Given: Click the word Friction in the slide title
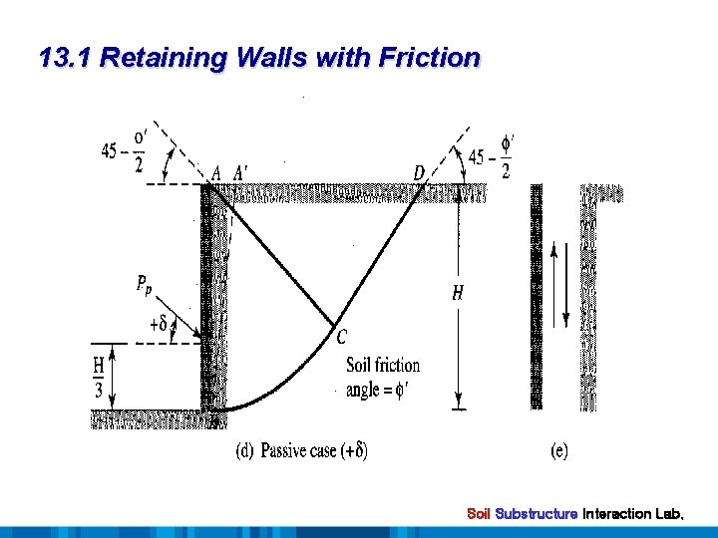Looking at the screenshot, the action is (x=429, y=58).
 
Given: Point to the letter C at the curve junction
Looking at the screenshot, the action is (x=342, y=336).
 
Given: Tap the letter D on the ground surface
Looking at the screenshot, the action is (x=419, y=173).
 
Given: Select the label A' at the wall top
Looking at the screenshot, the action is (x=240, y=173).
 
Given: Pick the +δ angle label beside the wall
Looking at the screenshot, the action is (x=159, y=323).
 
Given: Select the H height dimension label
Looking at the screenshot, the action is (x=458, y=293).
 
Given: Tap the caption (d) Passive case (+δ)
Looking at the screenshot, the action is (x=301, y=451).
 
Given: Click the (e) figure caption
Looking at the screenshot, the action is (x=559, y=451).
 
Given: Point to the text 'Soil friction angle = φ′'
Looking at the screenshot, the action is (x=382, y=377).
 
